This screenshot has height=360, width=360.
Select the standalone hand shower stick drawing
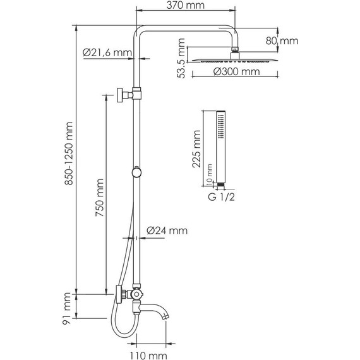click(221, 145)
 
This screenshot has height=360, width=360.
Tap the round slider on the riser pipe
click(136, 171)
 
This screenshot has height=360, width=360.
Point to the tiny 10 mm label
click(210, 181)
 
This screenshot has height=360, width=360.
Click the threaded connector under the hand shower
click(221, 185)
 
